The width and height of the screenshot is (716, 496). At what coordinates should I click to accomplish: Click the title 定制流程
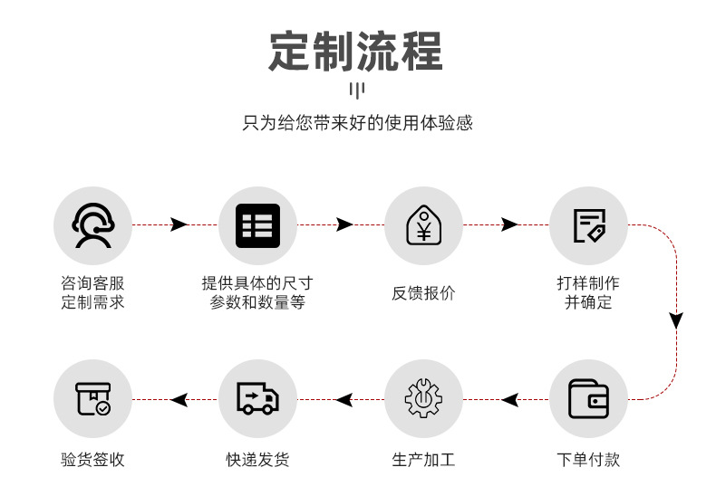[356, 51]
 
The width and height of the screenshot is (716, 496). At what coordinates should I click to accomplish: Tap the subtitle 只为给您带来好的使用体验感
[357, 122]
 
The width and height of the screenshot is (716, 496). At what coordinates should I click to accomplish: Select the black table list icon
[257, 225]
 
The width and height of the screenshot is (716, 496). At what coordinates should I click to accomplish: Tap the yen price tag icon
[423, 225]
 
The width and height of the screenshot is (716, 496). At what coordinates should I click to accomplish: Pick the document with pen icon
[588, 225]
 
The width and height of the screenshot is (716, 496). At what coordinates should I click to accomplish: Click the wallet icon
[588, 399]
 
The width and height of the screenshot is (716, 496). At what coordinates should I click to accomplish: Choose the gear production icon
[423, 399]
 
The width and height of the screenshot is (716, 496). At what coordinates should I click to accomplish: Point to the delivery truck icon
[257, 399]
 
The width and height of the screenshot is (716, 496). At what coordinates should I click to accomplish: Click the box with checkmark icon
[92, 399]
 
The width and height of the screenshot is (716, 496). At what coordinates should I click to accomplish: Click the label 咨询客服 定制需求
[92, 293]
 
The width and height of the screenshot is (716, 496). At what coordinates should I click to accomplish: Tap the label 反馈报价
[423, 293]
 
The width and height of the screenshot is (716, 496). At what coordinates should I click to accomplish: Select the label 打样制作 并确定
[588, 293]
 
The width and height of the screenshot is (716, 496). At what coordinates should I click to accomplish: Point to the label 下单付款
[588, 460]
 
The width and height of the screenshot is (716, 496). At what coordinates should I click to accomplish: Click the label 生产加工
[423, 460]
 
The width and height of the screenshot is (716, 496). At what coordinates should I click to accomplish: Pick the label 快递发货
[257, 460]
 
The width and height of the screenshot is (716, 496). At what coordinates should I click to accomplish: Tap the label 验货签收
[92, 460]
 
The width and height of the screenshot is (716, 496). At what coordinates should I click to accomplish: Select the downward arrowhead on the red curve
[676, 320]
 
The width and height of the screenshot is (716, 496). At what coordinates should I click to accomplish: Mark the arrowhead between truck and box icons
[179, 399]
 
